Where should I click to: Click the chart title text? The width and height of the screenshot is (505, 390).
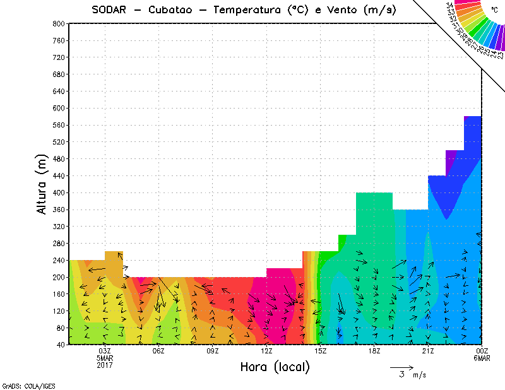click(x=244, y=9)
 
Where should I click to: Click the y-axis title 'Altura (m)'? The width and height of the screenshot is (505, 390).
click(x=42, y=183)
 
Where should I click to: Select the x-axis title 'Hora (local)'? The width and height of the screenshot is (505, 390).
click(x=275, y=367)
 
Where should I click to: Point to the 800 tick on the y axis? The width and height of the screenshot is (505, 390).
click(x=59, y=23)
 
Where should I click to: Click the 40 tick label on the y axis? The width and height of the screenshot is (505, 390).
click(x=61, y=345)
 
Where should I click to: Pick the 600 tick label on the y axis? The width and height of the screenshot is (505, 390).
click(x=59, y=108)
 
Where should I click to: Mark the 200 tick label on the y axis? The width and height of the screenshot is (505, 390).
click(x=59, y=277)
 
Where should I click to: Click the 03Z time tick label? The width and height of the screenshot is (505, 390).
click(x=105, y=351)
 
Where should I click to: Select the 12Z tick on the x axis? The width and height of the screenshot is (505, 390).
click(x=266, y=351)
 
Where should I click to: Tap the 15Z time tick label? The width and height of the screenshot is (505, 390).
click(x=320, y=351)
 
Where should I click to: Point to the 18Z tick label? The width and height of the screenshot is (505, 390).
click(x=374, y=351)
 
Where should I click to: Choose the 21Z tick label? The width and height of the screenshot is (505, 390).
click(x=428, y=351)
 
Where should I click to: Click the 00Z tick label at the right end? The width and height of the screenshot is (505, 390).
click(x=482, y=351)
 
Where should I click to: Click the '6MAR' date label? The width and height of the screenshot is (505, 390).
click(x=482, y=358)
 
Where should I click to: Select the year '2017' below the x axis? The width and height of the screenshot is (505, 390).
click(x=105, y=366)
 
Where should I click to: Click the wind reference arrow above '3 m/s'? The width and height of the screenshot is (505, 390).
click(x=401, y=367)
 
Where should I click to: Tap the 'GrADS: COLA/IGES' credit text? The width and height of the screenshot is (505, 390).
click(x=23, y=384)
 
